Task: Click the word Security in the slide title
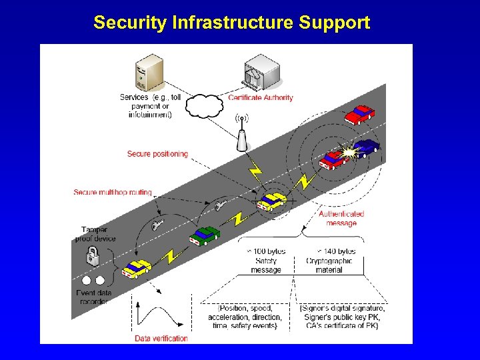130,23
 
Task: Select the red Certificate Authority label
261,97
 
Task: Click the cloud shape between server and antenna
203,106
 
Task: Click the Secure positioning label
157,154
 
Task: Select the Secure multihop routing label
113,193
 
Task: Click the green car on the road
205,235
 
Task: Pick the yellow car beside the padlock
137,269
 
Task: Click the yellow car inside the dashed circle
271,201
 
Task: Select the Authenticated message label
341,219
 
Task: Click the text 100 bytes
270,251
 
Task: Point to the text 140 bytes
340,251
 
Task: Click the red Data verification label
161,338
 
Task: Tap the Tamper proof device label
99,234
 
